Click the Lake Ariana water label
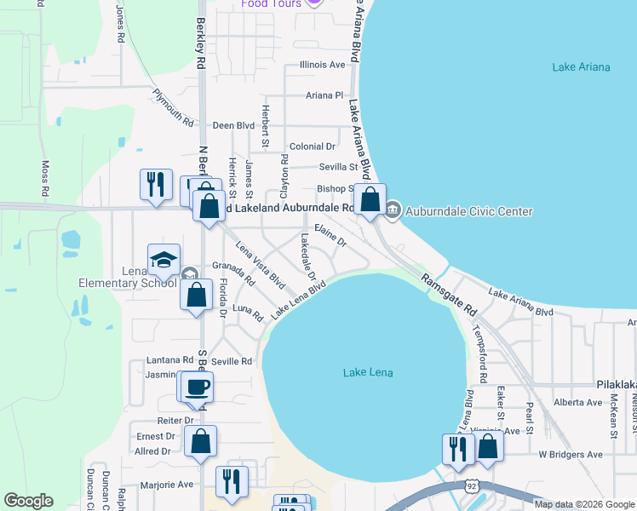575,67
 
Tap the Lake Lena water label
368,372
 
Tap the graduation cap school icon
164,260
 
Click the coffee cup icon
198,386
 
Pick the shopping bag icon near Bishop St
370,201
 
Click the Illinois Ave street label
323,65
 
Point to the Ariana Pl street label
324,96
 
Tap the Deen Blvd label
234,125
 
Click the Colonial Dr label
313,146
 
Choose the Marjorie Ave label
172,485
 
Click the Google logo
28,501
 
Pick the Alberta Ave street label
577,402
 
